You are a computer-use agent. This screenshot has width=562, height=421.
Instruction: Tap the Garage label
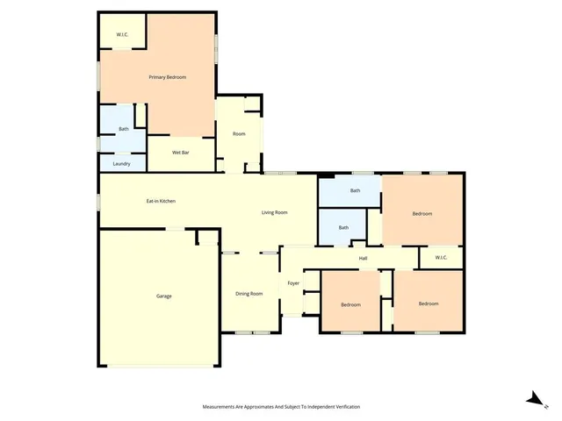(164, 296)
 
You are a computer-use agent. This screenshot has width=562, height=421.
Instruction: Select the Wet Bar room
(181, 153)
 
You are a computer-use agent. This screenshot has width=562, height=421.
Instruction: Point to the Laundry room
(122, 163)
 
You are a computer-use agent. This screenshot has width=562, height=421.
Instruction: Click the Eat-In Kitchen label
(161, 201)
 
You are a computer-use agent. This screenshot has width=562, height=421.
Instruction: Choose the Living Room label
(275, 212)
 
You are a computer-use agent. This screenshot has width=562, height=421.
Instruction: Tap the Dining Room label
(249, 293)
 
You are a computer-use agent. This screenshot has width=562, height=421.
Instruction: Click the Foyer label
(293, 283)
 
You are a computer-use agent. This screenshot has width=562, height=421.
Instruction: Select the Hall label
(363, 258)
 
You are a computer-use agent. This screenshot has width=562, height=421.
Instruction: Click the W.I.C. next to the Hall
(440, 257)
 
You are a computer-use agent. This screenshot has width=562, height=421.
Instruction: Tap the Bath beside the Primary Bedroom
(124, 130)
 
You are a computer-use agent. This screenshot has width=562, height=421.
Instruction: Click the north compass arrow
(533, 399)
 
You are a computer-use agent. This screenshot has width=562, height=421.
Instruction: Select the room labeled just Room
(239, 133)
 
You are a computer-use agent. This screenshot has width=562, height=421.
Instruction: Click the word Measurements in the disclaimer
(222, 407)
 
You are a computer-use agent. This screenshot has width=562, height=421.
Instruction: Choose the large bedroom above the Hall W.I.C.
(422, 213)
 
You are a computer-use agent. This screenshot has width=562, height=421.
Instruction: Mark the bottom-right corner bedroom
(428, 303)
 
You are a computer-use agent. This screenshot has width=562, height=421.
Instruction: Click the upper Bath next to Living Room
(355, 190)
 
